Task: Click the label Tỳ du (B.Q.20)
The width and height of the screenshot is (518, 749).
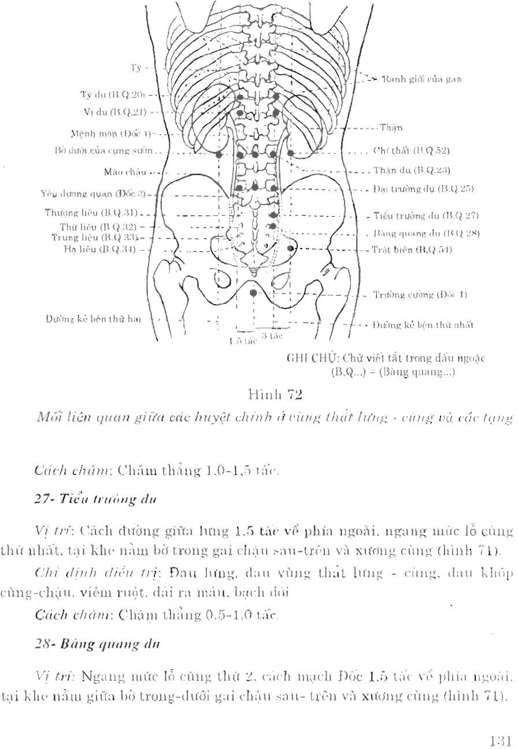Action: (114, 94)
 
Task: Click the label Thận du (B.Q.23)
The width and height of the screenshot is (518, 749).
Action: (412, 170)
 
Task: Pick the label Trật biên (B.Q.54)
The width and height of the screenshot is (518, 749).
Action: (412, 250)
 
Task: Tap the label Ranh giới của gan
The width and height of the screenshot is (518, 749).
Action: (421, 79)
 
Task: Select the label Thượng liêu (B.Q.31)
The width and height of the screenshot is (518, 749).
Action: (91, 214)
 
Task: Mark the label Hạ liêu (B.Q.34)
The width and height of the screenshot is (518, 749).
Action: (100, 249)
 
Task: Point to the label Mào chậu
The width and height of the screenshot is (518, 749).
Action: (125, 172)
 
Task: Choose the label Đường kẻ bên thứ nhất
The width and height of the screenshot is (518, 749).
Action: (423, 325)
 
